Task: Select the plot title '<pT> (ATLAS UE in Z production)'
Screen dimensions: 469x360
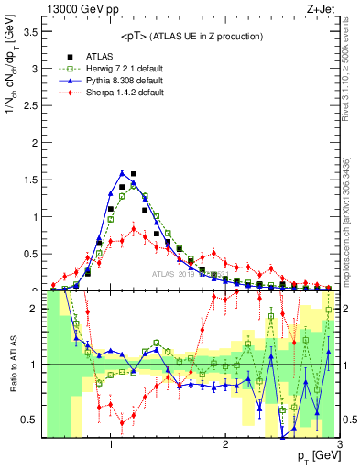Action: tap(191, 36)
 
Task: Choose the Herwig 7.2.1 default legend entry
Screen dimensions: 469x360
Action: tap(115, 68)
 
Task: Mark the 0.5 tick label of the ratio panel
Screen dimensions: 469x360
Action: tap(28, 420)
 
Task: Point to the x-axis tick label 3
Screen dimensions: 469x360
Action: tap(340, 446)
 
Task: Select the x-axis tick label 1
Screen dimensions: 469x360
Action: tap(111, 446)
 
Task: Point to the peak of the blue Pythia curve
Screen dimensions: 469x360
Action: tap(122, 172)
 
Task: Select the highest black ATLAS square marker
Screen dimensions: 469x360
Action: tap(134, 173)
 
